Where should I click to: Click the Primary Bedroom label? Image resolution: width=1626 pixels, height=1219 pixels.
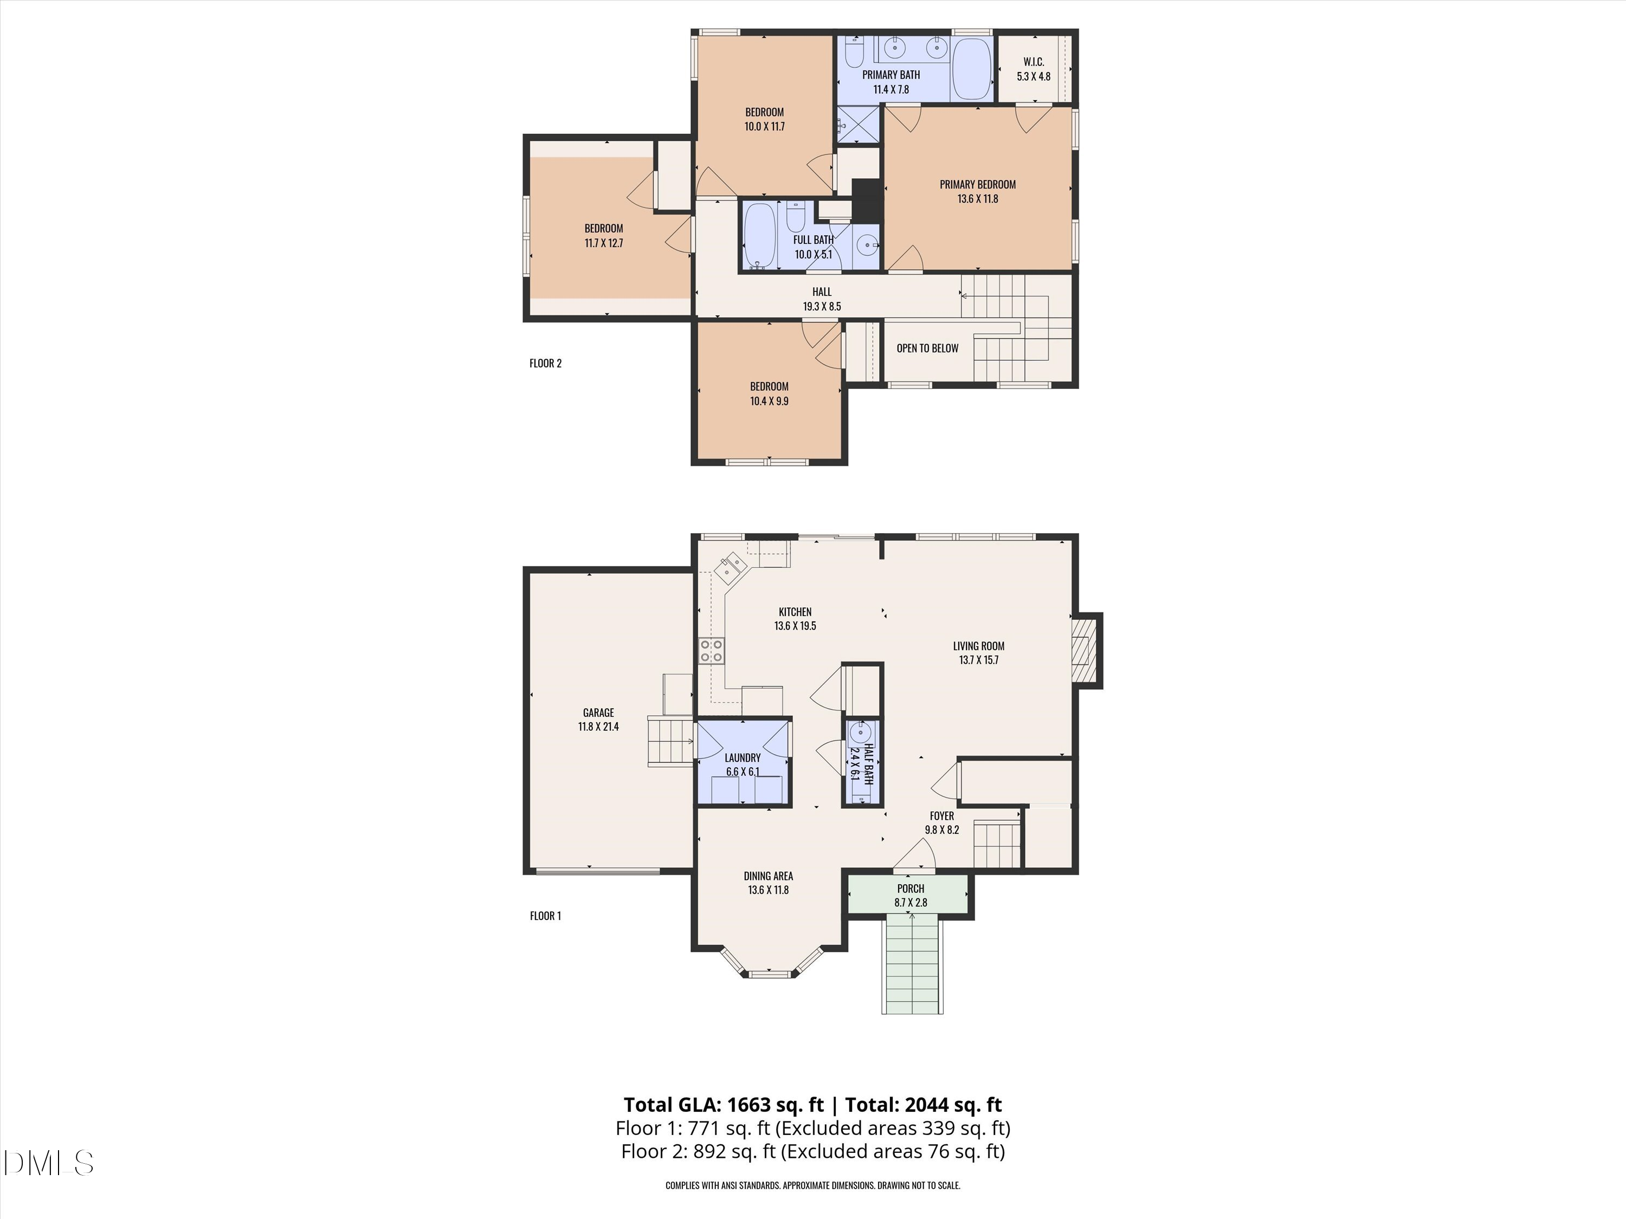pos(978,184)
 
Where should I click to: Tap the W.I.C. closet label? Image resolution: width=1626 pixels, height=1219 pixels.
pos(1034,62)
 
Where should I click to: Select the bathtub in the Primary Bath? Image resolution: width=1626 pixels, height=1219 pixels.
pos(972,68)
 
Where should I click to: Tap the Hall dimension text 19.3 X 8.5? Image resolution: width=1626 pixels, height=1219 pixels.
pos(822,307)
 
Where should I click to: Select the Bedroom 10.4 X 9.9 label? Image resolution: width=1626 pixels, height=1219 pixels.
pos(769,386)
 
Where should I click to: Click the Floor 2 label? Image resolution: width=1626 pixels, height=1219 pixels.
pos(545,363)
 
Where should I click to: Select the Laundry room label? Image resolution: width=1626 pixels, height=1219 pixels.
pos(743,757)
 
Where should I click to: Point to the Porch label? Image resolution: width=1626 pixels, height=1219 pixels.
pos(910,889)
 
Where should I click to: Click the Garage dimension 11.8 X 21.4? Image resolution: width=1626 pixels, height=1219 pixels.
pos(598,727)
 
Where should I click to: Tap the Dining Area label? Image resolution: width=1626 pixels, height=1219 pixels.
pos(768,876)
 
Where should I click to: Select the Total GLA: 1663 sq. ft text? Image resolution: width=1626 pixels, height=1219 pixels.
pos(724,1104)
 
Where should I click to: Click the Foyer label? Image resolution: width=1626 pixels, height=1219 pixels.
pos(941,815)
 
